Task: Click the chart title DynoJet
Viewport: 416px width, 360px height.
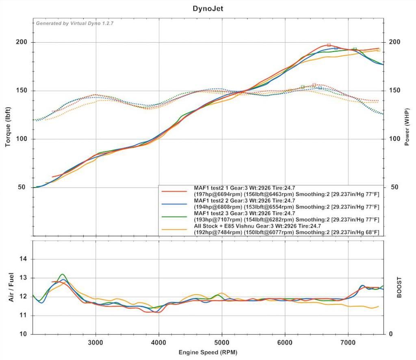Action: click(208, 8)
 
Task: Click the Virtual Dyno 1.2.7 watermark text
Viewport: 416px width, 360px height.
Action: click(75, 23)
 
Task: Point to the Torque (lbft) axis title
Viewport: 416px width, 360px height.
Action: click(8, 127)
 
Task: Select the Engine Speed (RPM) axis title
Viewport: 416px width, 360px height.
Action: click(208, 352)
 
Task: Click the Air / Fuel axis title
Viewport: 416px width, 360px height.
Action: click(12, 287)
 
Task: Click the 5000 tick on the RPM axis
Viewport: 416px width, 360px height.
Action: click(222, 342)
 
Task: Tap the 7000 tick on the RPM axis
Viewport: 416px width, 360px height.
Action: click(348, 342)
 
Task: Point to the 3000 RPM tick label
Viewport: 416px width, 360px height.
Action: click(96, 342)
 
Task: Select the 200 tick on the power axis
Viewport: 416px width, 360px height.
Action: click(394, 42)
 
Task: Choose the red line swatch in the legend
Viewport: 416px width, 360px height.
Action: click(174, 191)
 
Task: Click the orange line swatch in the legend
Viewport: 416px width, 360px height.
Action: click(174, 230)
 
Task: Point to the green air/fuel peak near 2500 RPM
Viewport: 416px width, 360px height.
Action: click(62, 274)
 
